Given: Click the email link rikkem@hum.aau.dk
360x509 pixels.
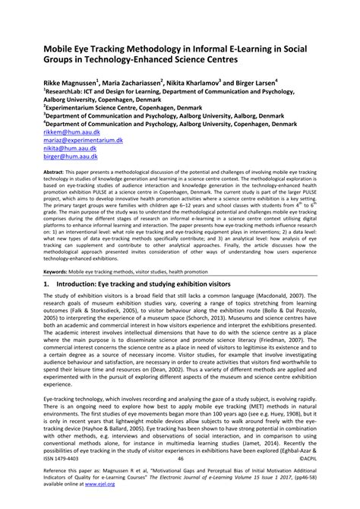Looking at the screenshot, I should (68, 131).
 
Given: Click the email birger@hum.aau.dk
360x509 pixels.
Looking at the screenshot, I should (67, 160).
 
